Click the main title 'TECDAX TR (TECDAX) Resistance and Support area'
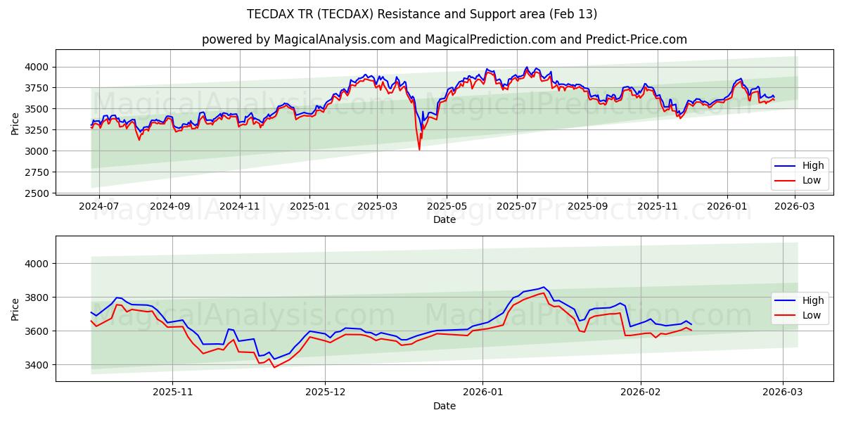(422, 14)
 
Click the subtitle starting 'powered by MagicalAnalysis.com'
(444, 39)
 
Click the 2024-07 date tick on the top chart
(98, 207)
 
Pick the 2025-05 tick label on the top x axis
(447, 207)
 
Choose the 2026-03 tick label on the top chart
(795, 207)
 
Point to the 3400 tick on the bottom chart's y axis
(39, 365)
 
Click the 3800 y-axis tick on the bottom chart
(39, 298)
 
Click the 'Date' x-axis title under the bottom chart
(444, 407)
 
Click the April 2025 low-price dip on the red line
(419, 149)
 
